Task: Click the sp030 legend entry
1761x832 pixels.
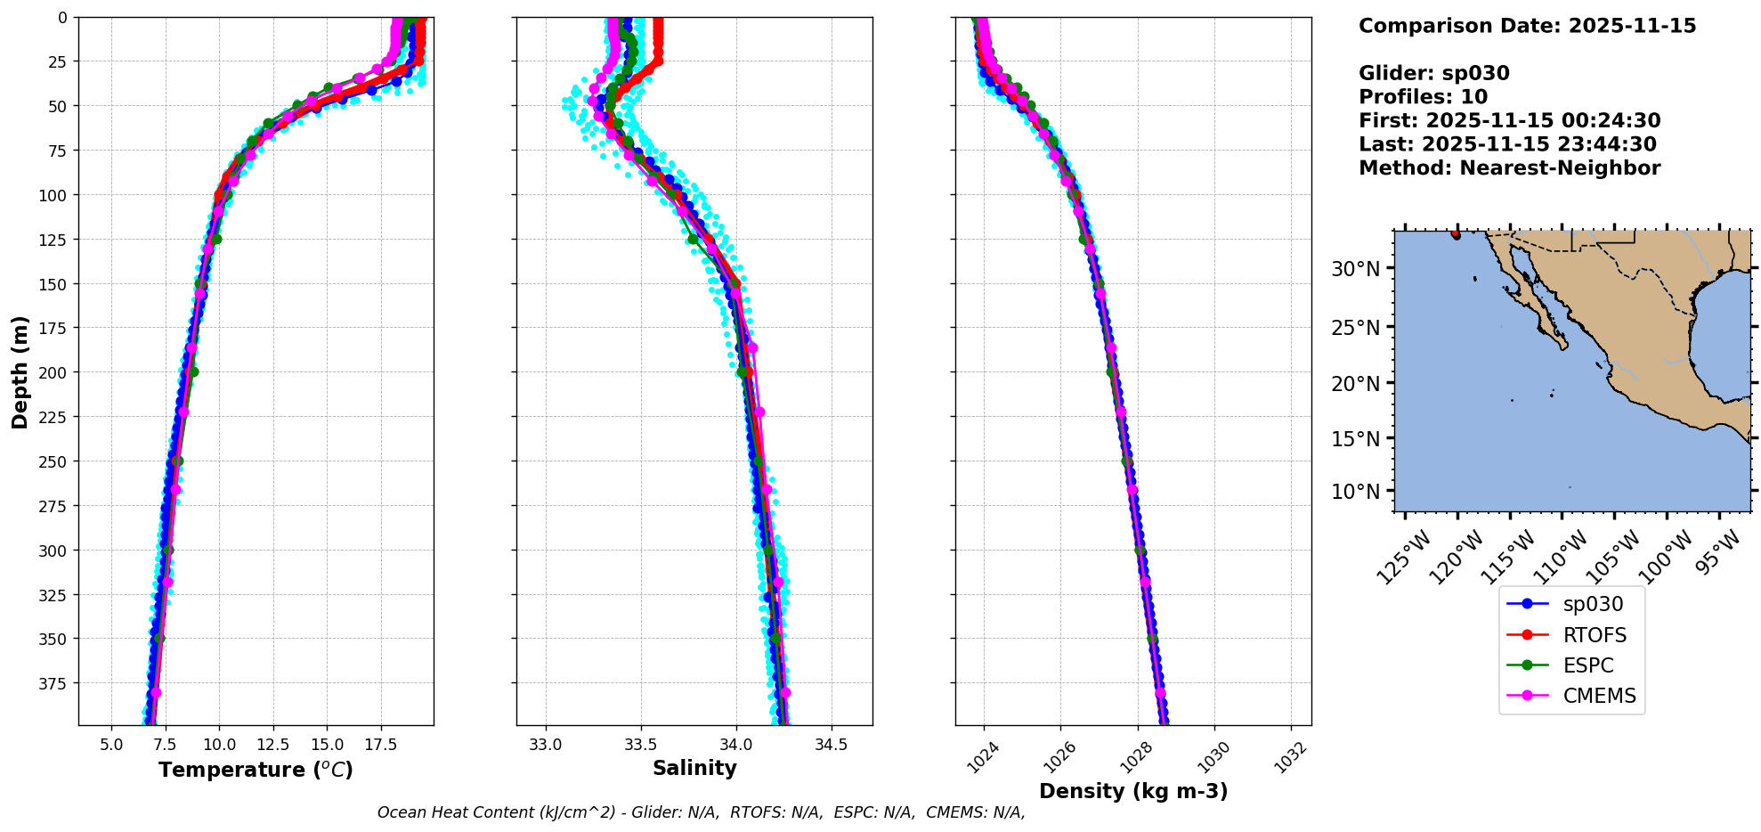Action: [x=1593, y=604]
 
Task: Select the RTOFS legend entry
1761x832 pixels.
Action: [x=1594, y=635]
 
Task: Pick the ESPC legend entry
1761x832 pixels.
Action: [x=1587, y=665]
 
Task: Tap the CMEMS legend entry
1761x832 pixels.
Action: [x=1599, y=696]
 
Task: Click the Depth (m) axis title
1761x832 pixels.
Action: [x=20, y=371]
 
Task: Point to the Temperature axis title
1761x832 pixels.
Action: [x=256, y=770]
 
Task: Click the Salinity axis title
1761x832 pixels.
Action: [x=694, y=768]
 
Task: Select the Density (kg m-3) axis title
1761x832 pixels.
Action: [x=1132, y=791]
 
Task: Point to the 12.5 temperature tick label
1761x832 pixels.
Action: [x=273, y=744]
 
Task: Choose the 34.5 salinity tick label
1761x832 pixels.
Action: [x=831, y=744]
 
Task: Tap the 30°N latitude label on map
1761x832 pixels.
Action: [x=1355, y=269]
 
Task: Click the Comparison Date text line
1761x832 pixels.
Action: [x=1527, y=26]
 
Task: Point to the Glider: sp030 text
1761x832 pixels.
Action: [x=1433, y=74]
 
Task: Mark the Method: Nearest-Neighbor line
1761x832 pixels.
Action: [x=1509, y=168]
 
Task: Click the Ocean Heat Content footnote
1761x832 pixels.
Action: [x=701, y=812]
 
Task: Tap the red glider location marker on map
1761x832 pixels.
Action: [x=1456, y=234]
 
